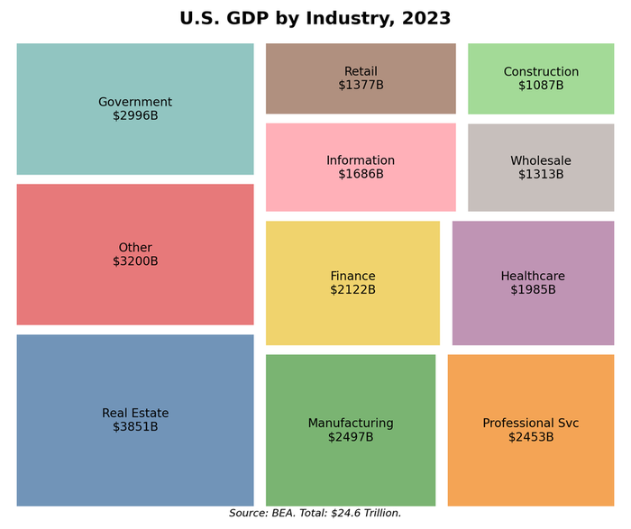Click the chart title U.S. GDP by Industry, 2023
pos(315,19)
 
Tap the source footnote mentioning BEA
pos(315,513)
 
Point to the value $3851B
pos(135,427)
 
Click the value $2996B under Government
pos(135,115)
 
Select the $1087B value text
pos(541,86)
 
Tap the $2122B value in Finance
pos(352,290)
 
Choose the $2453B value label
pos(531,437)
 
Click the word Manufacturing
pos(351,423)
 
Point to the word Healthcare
pos(533,276)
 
